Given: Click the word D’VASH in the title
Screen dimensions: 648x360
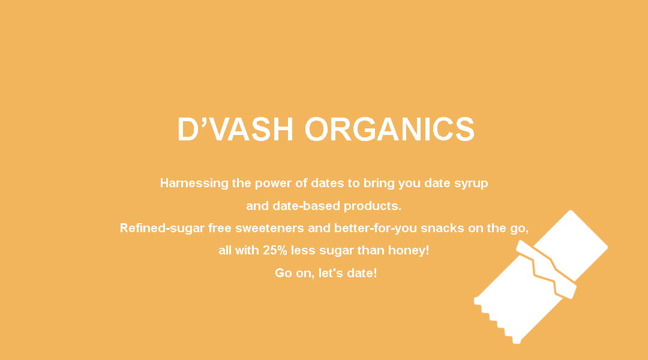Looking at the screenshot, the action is [235, 130].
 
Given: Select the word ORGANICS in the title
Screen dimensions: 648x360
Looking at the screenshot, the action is [390, 130].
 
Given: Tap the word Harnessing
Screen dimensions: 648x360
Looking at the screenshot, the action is [194, 183].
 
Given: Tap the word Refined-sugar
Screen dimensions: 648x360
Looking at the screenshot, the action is [162, 228].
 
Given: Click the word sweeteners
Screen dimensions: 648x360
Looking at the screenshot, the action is [269, 228].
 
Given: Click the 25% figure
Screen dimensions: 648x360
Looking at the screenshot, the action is [275, 250].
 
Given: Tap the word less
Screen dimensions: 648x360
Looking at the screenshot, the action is [303, 250].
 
